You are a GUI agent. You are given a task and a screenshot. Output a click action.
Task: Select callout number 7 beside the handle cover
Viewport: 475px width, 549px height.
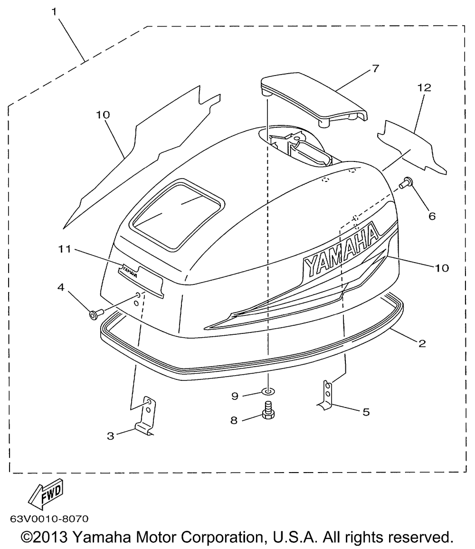375,69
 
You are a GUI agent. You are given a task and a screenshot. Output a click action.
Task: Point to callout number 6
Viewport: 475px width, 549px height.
432,216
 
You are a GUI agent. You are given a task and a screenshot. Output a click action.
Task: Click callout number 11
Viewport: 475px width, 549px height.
65,248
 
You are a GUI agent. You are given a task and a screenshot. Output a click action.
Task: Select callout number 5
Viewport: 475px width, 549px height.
366,412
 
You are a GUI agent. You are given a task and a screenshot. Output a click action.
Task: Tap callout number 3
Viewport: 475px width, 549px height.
110,435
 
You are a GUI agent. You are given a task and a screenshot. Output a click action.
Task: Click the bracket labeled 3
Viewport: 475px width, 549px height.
147,416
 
